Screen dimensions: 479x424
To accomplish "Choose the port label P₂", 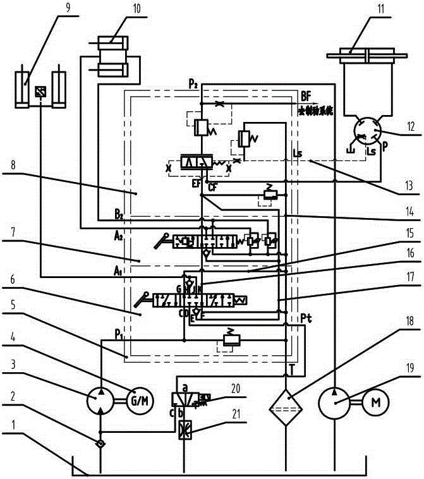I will (193, 83).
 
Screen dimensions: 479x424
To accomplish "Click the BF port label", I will (306, 97).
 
